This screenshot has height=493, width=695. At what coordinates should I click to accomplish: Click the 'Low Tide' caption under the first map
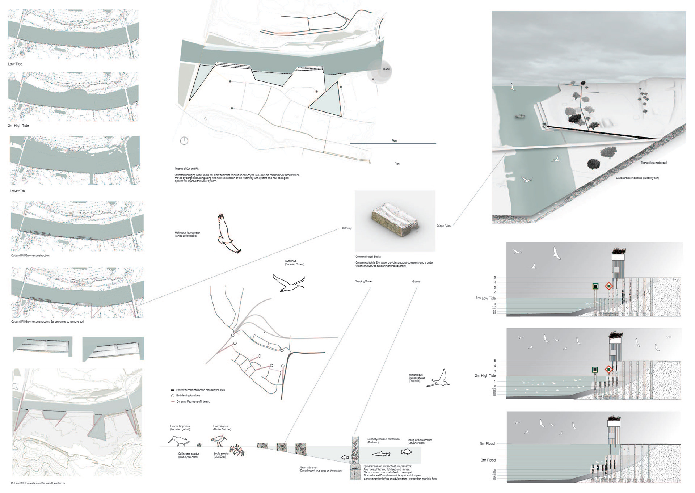[x=15, y=64]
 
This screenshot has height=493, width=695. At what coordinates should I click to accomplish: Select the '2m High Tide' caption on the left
[x=18, y=126]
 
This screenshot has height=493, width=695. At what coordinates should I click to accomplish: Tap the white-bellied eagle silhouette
[x=228, y=233]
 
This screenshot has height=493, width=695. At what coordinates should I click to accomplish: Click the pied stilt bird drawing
[x=439, y=379]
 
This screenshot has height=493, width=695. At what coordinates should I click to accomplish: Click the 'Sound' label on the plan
[x=386, y=69]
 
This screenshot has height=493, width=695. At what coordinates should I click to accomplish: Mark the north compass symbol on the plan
[x=184, y=141]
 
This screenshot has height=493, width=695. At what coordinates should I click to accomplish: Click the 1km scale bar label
[x=394, y=140]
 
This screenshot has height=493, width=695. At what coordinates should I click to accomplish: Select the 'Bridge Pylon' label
[x=443, y=226]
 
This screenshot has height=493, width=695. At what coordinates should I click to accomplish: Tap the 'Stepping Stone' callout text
[x=363, y=281]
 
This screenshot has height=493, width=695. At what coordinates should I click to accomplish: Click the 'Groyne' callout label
[x=416, y=281]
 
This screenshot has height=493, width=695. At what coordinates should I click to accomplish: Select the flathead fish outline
[x=381, y=454]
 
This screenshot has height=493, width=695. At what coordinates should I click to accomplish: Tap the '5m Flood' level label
[x=487, y=443]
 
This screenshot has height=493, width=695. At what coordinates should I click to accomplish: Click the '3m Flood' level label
[x=488, y=460]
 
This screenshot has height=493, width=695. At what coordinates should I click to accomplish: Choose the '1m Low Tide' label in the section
[x=485, y=298]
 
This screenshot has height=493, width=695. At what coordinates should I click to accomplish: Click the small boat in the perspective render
[x=520, y=117]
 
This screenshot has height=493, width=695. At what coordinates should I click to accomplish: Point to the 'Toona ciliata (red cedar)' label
[x=654, y=163]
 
